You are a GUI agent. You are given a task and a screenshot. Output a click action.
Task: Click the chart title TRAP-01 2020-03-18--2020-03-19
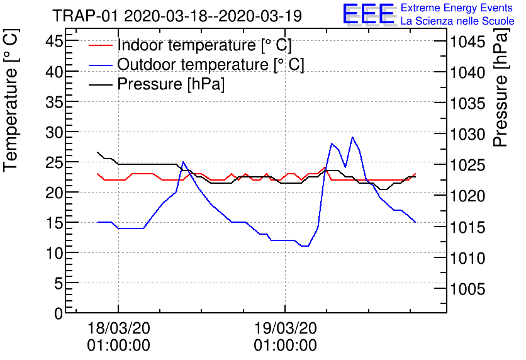click(x=177, y=16)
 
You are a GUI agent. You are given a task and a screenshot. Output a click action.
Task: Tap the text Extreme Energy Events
click(x=457, y=8)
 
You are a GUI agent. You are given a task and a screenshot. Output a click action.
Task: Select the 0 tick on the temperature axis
click(x=57, y=313)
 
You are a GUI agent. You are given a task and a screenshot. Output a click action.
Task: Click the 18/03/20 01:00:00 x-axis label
click(x=119, y=337)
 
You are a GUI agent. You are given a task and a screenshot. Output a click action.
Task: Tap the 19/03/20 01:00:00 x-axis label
click(x=286, y=337)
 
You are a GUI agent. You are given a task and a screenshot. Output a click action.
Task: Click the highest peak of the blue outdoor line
click(x=352, y=137)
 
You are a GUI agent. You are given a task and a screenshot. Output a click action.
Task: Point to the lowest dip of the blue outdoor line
click(x=306, y=246)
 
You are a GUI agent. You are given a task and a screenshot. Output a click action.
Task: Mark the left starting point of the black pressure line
click(x=98, y=152)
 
